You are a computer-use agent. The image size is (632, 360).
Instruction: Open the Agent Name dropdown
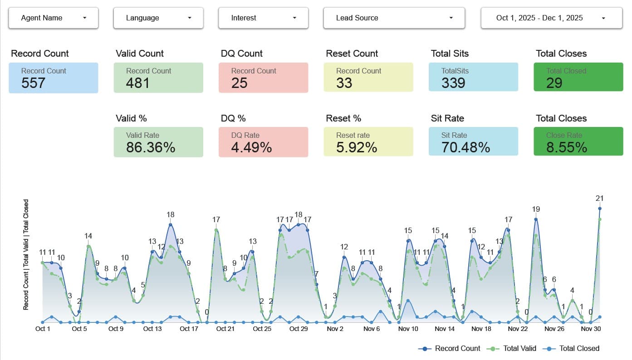54,18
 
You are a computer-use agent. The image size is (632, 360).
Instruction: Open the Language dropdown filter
158,18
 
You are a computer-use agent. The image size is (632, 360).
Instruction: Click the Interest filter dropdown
263,18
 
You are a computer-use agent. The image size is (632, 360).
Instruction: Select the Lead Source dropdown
394,18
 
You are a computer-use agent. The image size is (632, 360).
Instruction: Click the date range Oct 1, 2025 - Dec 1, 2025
551,18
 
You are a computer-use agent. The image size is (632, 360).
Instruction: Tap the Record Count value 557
34,83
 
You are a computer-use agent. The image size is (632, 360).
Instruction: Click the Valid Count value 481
138,83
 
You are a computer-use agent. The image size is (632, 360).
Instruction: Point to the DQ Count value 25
240,83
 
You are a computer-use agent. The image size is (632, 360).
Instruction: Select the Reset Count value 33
344,83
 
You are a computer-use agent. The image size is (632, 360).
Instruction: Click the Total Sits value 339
453,83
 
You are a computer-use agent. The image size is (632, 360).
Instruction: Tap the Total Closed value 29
554,83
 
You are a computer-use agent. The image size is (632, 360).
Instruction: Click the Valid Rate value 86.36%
151,147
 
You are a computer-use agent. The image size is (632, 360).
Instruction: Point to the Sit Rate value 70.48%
465,147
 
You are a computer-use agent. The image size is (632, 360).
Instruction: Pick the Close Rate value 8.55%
567,147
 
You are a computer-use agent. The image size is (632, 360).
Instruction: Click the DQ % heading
233,118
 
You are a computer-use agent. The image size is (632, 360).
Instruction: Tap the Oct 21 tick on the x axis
225,329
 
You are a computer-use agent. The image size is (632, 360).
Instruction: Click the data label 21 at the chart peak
599,199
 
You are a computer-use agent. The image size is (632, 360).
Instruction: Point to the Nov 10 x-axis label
408,329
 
